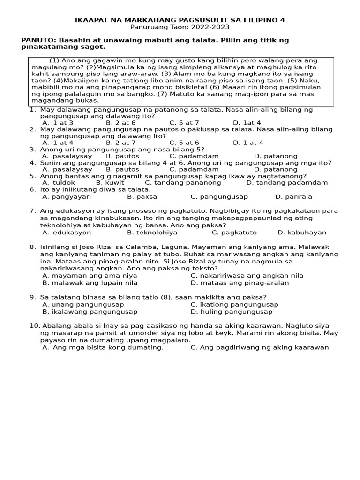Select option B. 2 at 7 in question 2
120,142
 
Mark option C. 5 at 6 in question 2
184,142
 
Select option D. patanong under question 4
276,169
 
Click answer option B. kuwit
110,183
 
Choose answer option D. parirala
293,197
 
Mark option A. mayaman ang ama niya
90,276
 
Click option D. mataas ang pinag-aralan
240,283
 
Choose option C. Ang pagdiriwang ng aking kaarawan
259,347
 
